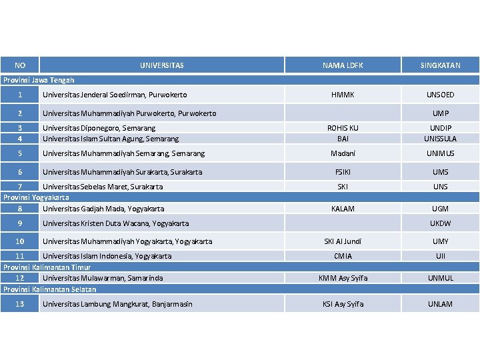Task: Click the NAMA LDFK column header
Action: pyautogui.click(x=343, y=65)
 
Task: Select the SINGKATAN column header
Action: pyautogui.click(x=440, y=65)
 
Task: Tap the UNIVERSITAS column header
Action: pyautogui.click(x=162, y=65)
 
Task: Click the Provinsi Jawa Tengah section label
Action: pyautogui.click(x=39, y=80)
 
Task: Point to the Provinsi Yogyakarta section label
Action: pyautogui.click(x=37, y=198)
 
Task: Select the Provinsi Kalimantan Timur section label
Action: pyautogui.click(x=47, y=267)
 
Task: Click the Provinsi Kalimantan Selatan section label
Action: pyautogui.click(x=49, y=289)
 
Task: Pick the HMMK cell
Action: pyautogui.click(x=343, y=95)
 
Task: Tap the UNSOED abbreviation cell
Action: pyautogui.click(x=440, y=95)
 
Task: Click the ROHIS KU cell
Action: pyautogui.click(x=343, y=128)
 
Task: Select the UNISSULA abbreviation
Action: pyautogui.click(x=440, y=139)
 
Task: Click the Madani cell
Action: pyautogui.click(x=343, y=153)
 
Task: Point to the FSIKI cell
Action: pyautogui.click(x=343, y=172)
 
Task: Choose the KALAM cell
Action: pyautogui.click(x=343, y=209)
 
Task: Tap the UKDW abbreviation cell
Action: pyautogui.click(x=440, y=223)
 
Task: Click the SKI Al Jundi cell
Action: pyautogui.click(x=343, y=241)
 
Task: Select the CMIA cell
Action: pyautogui.click(x=343, y=256)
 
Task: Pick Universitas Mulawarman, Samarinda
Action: pyautogui.click(x=103, y=278)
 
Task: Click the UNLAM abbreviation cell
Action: pyautogui.click(x=440, y=304)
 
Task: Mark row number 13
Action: pyautogui.click(x=20, y=304)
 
